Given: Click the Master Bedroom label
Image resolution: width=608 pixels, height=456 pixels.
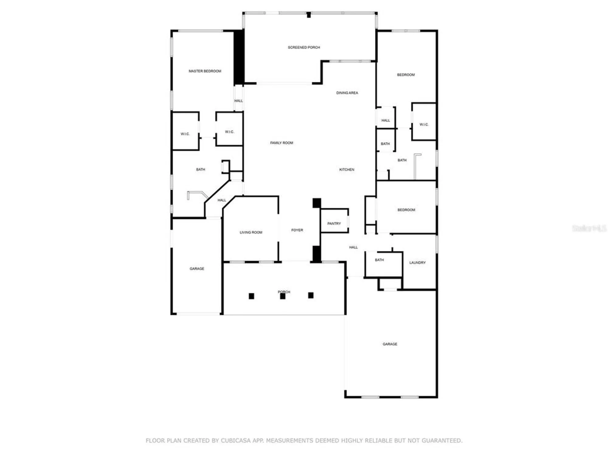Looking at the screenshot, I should [205, 71].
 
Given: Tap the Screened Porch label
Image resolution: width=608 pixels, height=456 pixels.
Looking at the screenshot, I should [304, 47].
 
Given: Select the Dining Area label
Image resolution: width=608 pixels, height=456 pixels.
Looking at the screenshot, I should [347, 93].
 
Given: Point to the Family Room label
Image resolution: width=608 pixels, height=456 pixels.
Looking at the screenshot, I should [282, 143].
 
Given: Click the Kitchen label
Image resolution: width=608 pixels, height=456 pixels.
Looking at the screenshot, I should [347, 170].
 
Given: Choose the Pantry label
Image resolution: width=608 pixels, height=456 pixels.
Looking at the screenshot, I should [334, 223].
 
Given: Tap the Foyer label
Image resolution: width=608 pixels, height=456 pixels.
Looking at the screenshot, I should [297, 230].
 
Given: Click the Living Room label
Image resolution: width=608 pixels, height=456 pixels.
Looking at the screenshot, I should [251, 232].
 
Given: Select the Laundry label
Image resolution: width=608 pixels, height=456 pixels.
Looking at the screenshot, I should [417, 263].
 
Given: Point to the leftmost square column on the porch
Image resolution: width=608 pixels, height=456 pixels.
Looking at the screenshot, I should [251, 296].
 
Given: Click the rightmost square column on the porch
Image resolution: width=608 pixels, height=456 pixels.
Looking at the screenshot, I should [311, 295].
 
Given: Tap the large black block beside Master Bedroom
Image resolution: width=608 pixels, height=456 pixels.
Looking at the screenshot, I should [239, 57].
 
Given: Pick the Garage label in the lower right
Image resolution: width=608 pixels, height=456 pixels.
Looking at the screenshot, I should [390, 344].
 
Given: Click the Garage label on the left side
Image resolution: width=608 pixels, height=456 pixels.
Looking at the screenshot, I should [197, 269].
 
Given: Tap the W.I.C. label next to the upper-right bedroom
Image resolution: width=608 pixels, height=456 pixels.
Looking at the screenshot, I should [424, 124].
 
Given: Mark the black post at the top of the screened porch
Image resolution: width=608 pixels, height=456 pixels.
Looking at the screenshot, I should [309, 15].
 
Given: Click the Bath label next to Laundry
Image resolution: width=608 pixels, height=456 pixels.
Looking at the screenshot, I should [379, 260].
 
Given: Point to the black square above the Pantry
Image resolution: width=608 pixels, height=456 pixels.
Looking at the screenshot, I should [317, 203].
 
